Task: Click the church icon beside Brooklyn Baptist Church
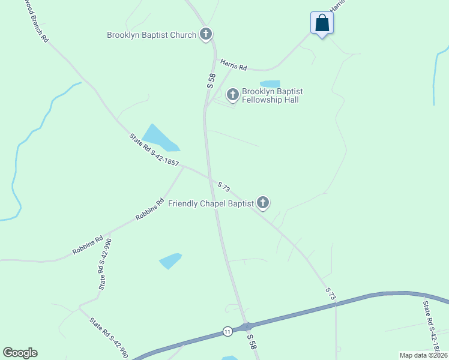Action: (x=206, y=34)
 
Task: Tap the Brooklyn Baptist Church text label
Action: (x=151, y=35)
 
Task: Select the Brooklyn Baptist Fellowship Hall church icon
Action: (x=232, y=94)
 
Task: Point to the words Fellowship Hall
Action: (x=270, y=100)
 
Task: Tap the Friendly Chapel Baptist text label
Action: (x=211, y=203)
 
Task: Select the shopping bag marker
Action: (x=322, y=23)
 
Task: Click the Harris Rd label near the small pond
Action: (x=234, y=64)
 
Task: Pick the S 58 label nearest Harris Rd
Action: (x=211, y=81)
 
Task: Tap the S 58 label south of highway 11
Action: (x=252, y=341)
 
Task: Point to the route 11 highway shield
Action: (x=227, y=331)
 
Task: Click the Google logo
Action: (x=20, y=353)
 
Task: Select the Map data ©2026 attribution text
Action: (x=423, y=355)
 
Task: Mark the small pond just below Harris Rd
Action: (x=270, y=84)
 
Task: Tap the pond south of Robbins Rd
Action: (x=170, y=260)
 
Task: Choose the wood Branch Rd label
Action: (x=37, y=20)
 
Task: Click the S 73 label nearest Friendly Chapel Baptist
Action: (x=223, y=187)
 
